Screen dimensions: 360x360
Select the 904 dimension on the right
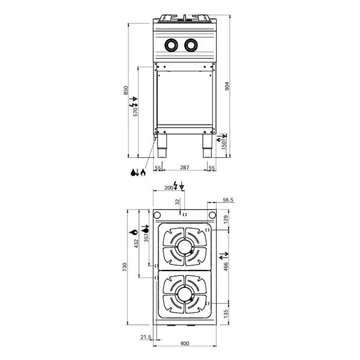[x=227, y=86]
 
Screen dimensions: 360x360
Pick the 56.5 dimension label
[x=228, y=200]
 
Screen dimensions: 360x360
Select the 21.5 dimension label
[x=145, y=337]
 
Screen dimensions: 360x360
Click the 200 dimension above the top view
[x=169, y=188]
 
